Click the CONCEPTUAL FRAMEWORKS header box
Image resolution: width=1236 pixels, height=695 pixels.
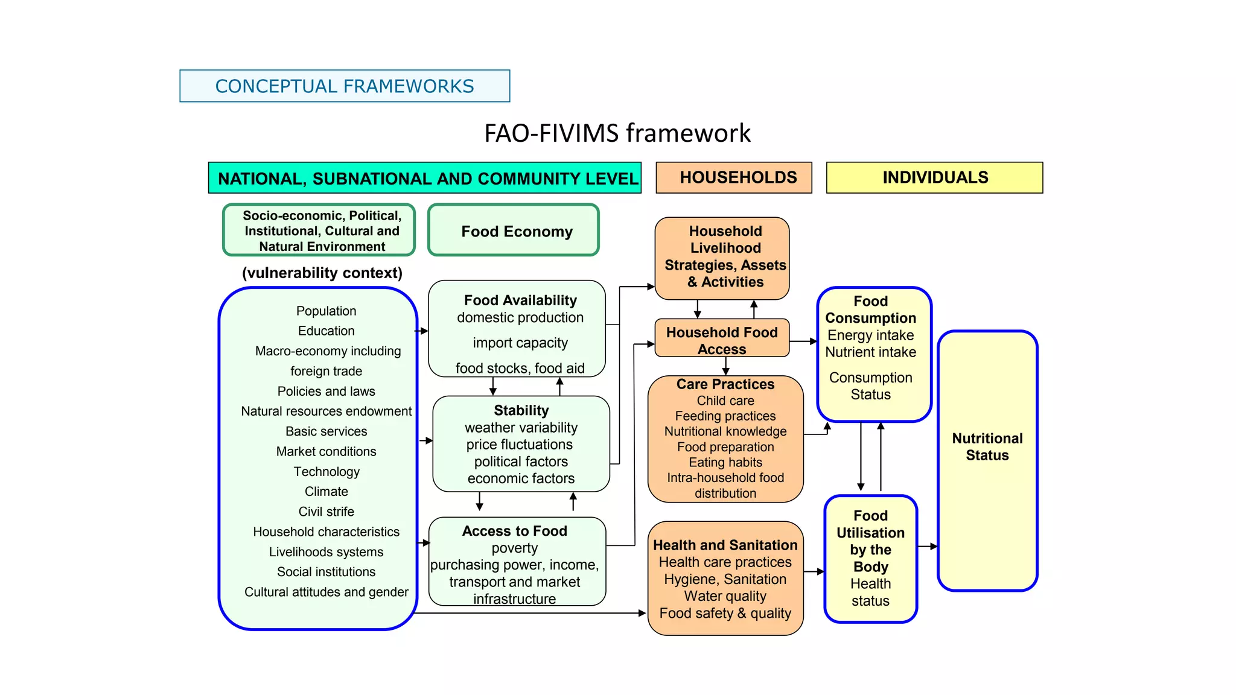(345, 86)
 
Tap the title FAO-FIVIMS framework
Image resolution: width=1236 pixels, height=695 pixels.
(617, 133)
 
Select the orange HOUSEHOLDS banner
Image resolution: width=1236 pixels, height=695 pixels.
(733, 177)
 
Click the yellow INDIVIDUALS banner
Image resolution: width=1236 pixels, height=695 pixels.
(934, 177)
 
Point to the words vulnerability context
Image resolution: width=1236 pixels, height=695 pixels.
(322, 273)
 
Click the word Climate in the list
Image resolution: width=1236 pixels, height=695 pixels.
(326, 492)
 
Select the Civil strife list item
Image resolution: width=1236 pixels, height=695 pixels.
(326, 512)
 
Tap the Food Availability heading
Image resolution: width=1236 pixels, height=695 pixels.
(520, 300)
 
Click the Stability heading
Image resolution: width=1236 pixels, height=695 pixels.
(521, 411)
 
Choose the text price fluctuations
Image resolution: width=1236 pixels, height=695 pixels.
(520, 445)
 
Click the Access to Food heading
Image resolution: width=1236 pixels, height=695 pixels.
(515, 531)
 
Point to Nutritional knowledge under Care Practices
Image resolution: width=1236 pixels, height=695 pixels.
(725, 431)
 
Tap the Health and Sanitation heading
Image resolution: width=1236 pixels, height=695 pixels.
(725, 545)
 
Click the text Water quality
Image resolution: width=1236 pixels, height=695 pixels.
(725, 596)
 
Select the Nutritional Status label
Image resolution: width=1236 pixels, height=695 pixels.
(987, 447)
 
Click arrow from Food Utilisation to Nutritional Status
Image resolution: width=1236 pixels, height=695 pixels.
(927, 547)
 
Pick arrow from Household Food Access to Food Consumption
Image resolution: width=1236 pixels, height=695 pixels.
(803, 341)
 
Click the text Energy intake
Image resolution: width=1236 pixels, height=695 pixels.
(870, 335)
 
